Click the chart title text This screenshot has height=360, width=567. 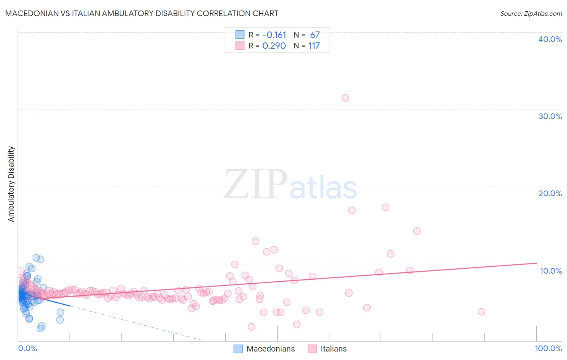142,13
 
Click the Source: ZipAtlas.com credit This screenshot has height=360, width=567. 531,13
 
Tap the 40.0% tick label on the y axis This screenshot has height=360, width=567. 550,39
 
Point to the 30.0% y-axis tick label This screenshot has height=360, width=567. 550,116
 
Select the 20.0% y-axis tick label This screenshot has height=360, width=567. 550,193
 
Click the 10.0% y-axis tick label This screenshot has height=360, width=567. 550,271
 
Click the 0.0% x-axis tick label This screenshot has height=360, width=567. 27,348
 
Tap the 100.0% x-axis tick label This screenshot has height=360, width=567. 548,348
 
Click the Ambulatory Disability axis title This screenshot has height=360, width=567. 11,184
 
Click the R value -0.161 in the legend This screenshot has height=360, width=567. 274,35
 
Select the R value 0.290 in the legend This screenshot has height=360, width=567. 274,46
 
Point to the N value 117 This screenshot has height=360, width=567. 314,46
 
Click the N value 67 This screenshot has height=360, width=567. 315,35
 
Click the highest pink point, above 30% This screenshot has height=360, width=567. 345,98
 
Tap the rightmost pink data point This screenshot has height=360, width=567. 481,312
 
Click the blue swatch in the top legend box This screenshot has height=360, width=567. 240,35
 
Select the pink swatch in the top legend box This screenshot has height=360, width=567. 240,46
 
